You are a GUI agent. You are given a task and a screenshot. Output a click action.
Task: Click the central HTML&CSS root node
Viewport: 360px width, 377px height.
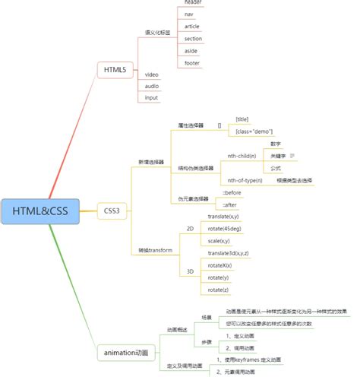pos(40,211)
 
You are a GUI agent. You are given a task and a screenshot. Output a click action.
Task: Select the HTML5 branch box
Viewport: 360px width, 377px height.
pos(115,71)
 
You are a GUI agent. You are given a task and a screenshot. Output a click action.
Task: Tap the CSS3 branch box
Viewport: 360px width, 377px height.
pos(112,210)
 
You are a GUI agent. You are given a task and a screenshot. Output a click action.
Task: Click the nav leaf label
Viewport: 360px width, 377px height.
pos(190,14)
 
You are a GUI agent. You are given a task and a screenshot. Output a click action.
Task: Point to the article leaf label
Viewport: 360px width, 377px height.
pos(193,26)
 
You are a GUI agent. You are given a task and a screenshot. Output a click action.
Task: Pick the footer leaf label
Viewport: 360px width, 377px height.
pos(193,63)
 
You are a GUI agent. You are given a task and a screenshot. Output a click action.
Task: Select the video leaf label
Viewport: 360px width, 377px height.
pos(152,74)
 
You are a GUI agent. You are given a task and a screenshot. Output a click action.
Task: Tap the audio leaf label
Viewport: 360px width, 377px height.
pos(152,86)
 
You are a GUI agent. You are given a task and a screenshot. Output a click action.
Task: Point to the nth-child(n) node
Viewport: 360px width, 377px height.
pos(242,155)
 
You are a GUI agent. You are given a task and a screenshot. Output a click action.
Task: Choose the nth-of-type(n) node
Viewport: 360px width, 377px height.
pos(245,180)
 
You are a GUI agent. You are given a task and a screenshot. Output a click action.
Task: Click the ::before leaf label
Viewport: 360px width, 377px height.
pos(231,193)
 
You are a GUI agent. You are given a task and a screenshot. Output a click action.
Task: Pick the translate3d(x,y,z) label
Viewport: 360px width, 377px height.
pos(229,252)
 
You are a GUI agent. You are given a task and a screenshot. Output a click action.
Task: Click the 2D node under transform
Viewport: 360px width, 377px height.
pos(190,228)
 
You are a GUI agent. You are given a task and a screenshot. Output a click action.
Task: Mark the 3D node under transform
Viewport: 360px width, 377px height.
pos(190,271)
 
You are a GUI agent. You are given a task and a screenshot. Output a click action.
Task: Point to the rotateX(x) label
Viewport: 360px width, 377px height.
pos(220,265)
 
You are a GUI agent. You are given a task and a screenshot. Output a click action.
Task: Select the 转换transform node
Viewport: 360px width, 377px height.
pos(155,250)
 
